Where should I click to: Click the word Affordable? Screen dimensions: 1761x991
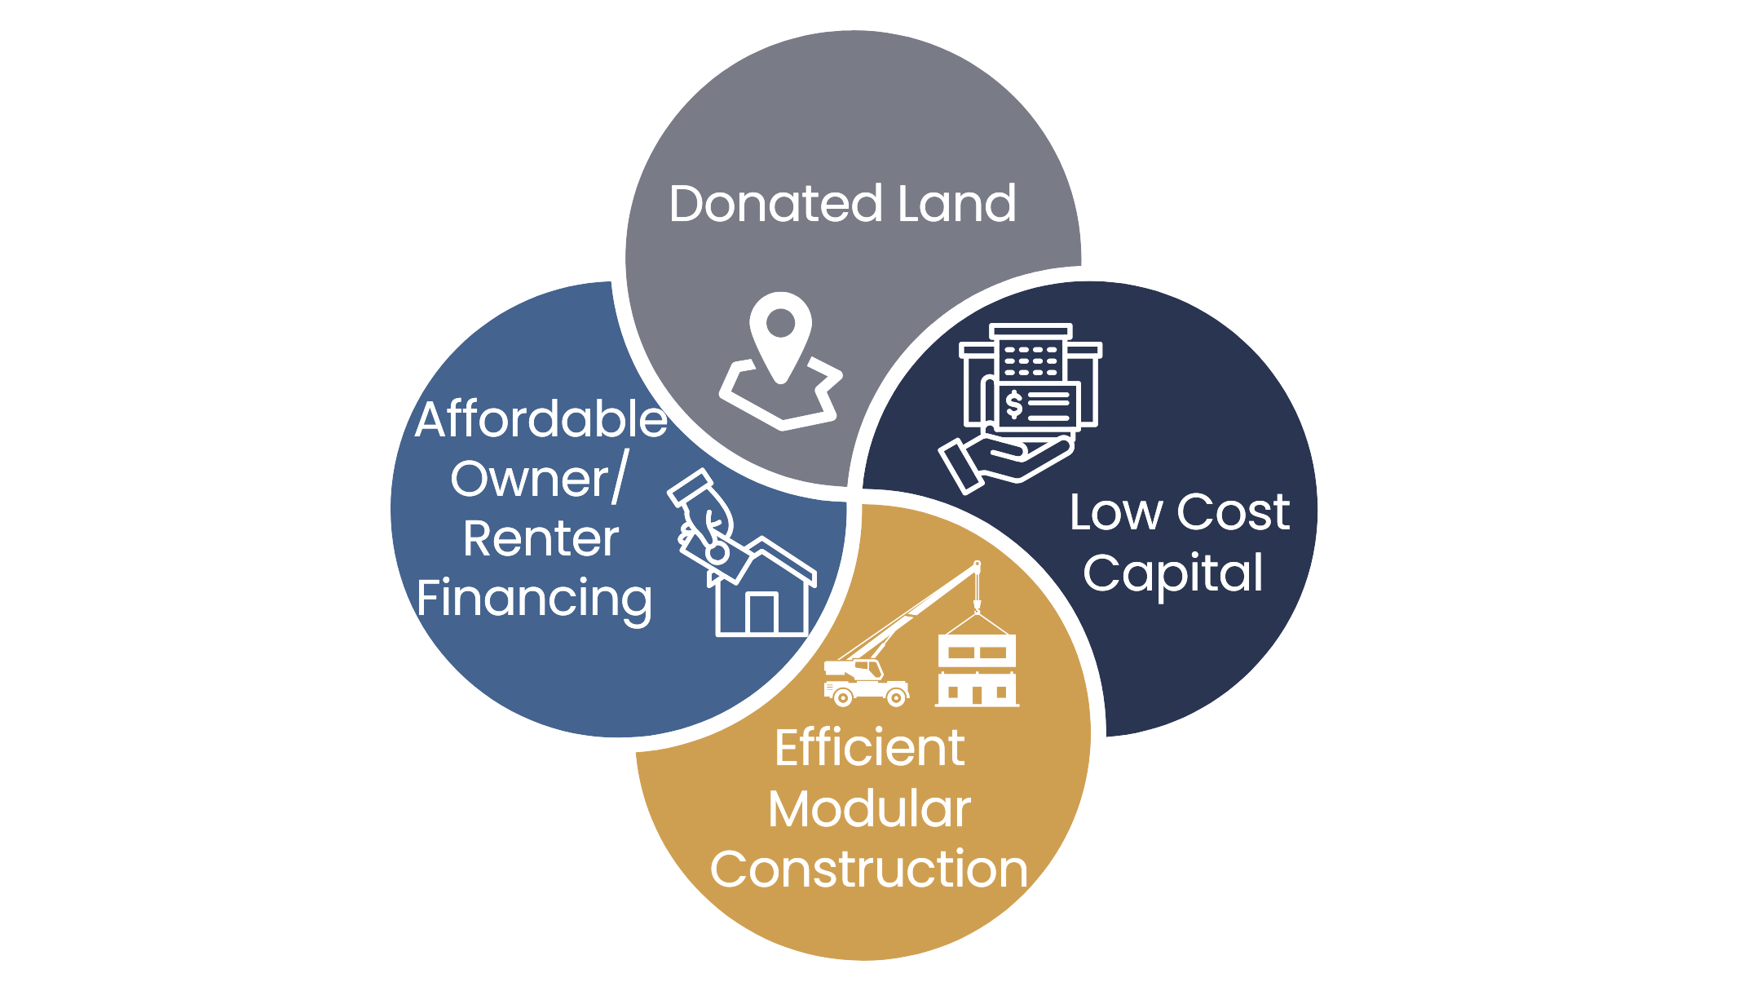(x=541, y=421)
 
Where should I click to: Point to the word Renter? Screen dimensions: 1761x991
(x=541, y=540)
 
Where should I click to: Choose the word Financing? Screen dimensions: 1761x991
(x=535, y=599)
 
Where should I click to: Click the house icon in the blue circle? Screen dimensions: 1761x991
(x=761, y=593)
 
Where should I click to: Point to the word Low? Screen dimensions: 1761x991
(x=1116, y=513)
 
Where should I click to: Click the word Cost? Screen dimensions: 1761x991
(x=1233, y=513)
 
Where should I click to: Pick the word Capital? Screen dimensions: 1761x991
(x=1174, y=573)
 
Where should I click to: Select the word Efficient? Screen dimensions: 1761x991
(x=869, y=749)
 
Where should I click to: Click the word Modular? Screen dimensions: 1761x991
(x=869, y=810)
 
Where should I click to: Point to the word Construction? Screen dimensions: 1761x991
(x=869, y=869)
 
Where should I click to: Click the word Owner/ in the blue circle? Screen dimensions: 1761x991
(x=536, y=480)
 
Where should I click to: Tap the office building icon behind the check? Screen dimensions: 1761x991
(x=1031, y=349)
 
